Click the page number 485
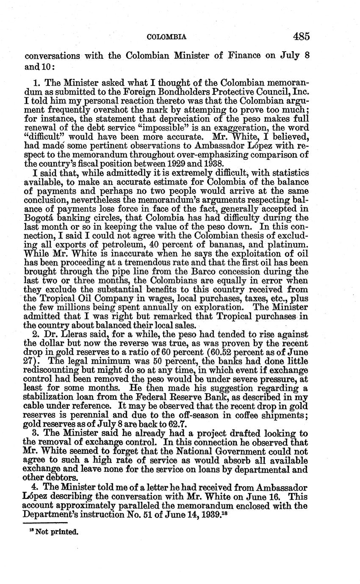[x=301, y=36]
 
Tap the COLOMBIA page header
[x=166, y=37]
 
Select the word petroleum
[x=119, y=245]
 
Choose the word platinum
[x=288, y=245]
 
